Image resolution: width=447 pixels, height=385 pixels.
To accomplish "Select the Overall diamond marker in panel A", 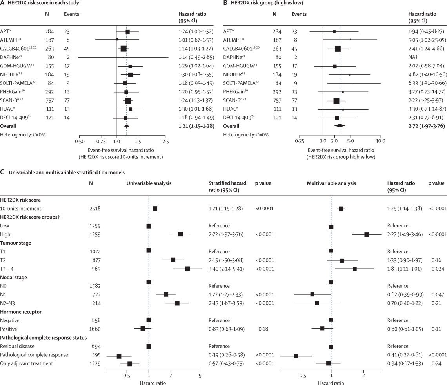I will [x=126, y=115].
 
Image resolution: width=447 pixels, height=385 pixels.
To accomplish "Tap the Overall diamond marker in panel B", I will [x=340, y=115].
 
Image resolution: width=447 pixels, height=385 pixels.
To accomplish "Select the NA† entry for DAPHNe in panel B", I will [x=412, y=57].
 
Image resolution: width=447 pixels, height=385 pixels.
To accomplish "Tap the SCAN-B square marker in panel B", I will [x=336, y=100].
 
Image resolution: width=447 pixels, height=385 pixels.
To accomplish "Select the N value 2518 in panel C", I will [x=96, y=209].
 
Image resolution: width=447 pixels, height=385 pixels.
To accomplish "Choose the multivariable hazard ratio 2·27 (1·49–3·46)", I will [x=404, y=234].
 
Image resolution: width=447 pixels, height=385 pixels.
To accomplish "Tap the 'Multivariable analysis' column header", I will [x=331, y=183].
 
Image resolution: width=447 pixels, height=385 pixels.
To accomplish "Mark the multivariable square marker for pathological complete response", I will [x=296, y=356].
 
